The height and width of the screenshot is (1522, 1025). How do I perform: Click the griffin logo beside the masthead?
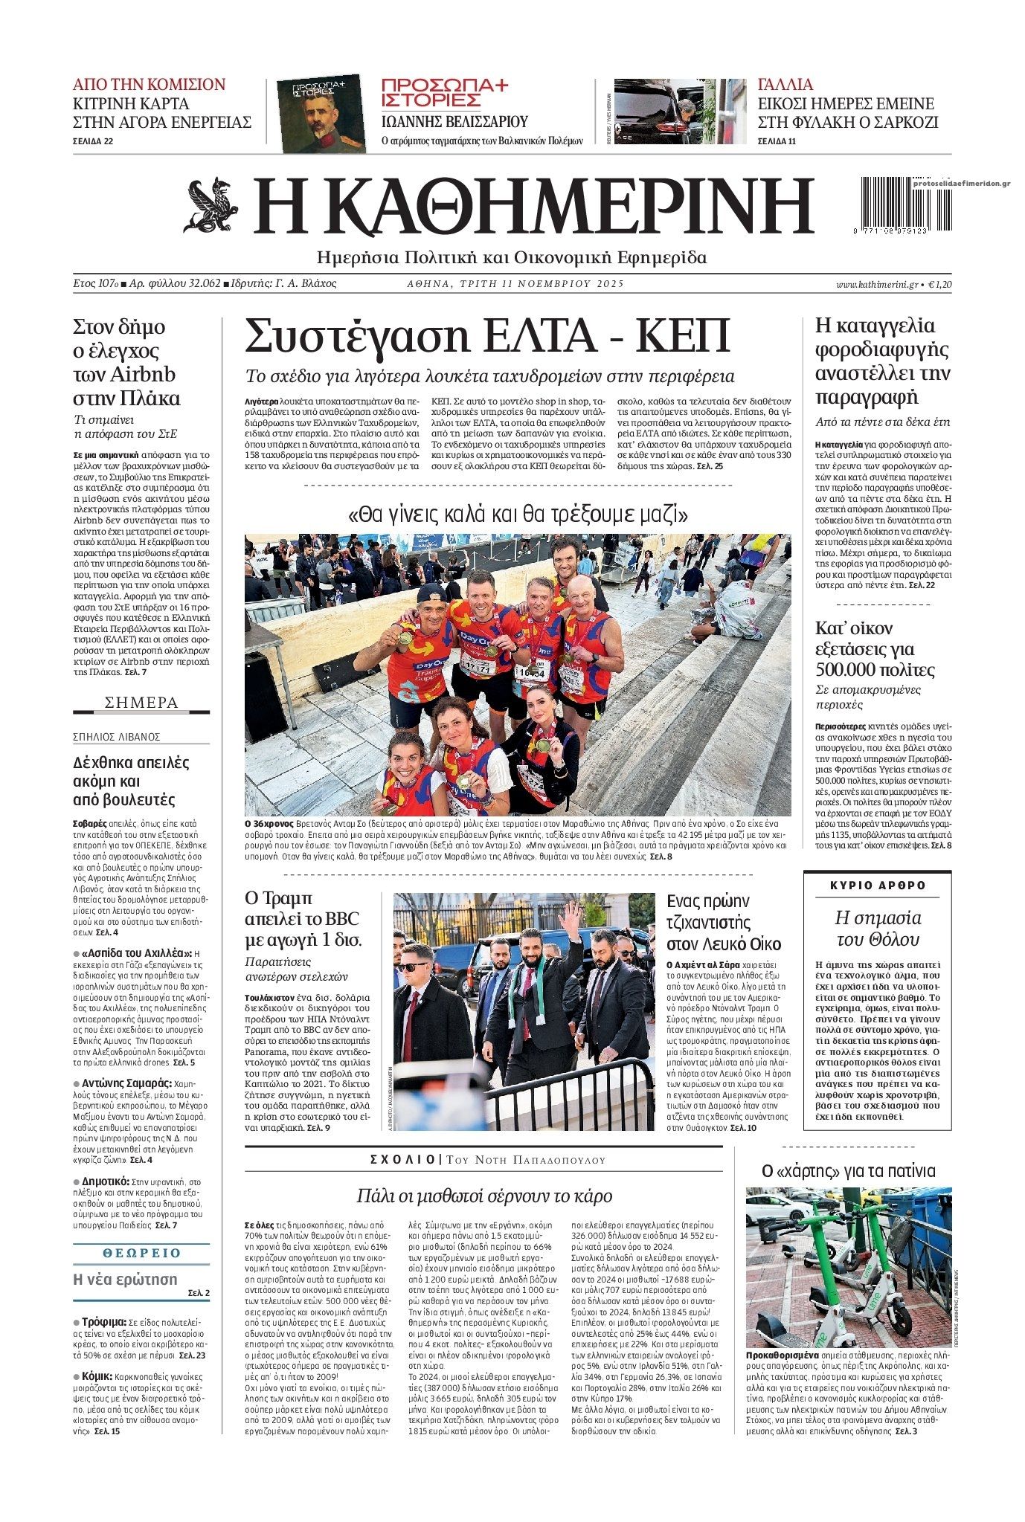point(211,206)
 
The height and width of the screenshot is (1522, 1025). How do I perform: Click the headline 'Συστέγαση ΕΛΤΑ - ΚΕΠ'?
point(487,336)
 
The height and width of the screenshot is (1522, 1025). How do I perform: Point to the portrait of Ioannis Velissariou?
point(321,115)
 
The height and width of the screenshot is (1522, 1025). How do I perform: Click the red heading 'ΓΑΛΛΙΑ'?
point(785,84)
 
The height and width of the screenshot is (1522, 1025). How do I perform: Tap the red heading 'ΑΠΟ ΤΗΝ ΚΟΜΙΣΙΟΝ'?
point(149,84)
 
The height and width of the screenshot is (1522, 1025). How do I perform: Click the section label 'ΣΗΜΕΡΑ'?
point(141,703)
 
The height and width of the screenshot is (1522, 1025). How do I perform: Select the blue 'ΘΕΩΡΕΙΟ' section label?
point(141,1253)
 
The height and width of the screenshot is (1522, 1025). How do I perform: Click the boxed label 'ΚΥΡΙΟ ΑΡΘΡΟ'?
point(877,886)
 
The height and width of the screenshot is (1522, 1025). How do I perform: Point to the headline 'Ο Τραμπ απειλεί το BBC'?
point(303,918)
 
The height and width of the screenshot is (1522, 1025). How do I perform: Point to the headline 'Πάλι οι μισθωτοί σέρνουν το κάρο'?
point(483,1196)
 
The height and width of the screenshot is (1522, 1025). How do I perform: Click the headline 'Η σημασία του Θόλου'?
point(877,928)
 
